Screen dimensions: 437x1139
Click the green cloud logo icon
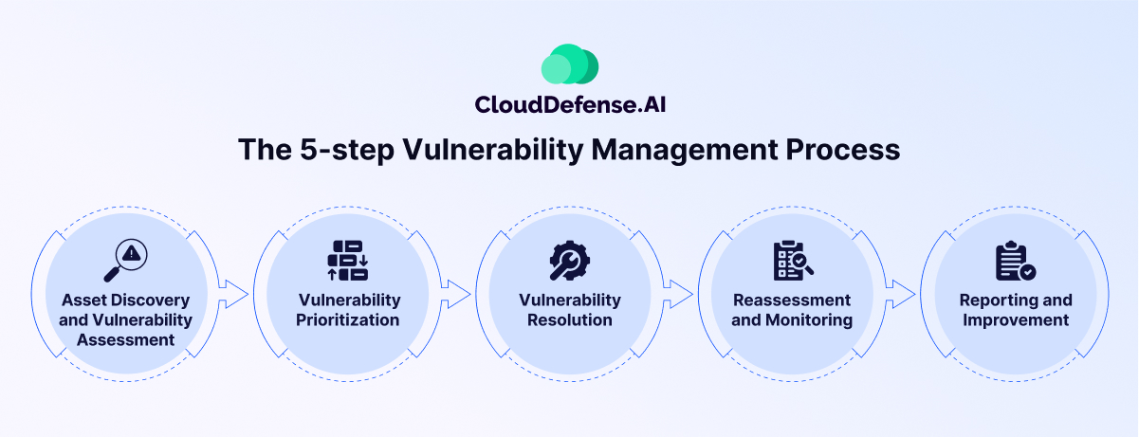[570, 64]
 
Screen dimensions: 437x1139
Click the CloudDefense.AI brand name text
[570, 104]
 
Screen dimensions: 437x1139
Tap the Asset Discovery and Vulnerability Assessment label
[125, 319]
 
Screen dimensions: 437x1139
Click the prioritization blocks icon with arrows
[348, 260]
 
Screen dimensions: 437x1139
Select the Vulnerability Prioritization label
[349, 310]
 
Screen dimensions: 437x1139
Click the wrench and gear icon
[570, 260]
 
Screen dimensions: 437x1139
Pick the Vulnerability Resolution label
[570, 310]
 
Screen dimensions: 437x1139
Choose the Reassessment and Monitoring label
[792, 310]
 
